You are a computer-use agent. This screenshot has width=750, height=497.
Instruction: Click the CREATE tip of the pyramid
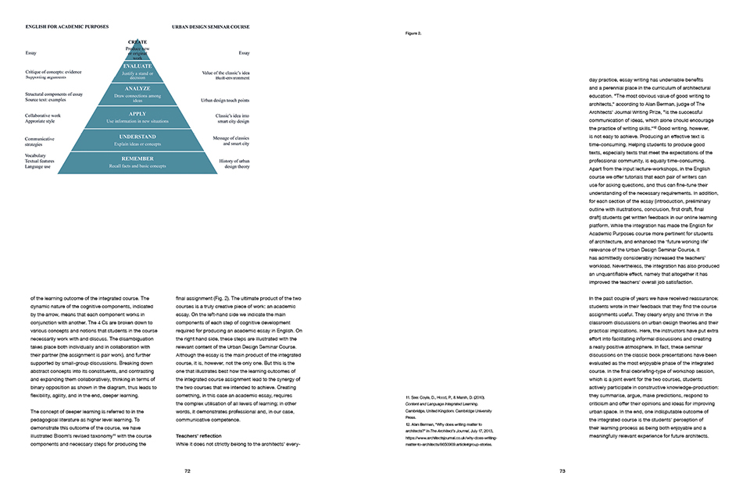click(x=137, y=48)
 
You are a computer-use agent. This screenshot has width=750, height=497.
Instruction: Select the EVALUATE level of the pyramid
click(x=137, y=71)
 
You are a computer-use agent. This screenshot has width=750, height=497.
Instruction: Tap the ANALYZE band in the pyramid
click(x=137, y=93)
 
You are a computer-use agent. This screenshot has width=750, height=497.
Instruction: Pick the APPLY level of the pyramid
click(x=137, y=117)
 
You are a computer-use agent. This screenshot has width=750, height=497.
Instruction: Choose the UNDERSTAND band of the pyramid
click(x=137, y=140)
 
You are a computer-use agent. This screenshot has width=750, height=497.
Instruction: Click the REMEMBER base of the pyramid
click(x=137, y=162)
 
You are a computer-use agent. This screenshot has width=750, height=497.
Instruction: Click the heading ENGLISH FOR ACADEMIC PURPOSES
click(x=66, y=27)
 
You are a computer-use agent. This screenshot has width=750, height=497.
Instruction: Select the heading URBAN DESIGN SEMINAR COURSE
click(x=211, y=27)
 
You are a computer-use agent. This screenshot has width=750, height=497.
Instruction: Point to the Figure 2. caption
click(x=413, y=34)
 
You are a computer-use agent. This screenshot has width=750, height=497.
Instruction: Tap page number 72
click(x=187, y=471)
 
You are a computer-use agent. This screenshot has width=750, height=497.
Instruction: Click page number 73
click(x=562, y=471)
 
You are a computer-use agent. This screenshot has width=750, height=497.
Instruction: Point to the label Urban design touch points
click(x=225, y=101)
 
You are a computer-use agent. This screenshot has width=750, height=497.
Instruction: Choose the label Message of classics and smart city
click(x=231, y=141)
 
